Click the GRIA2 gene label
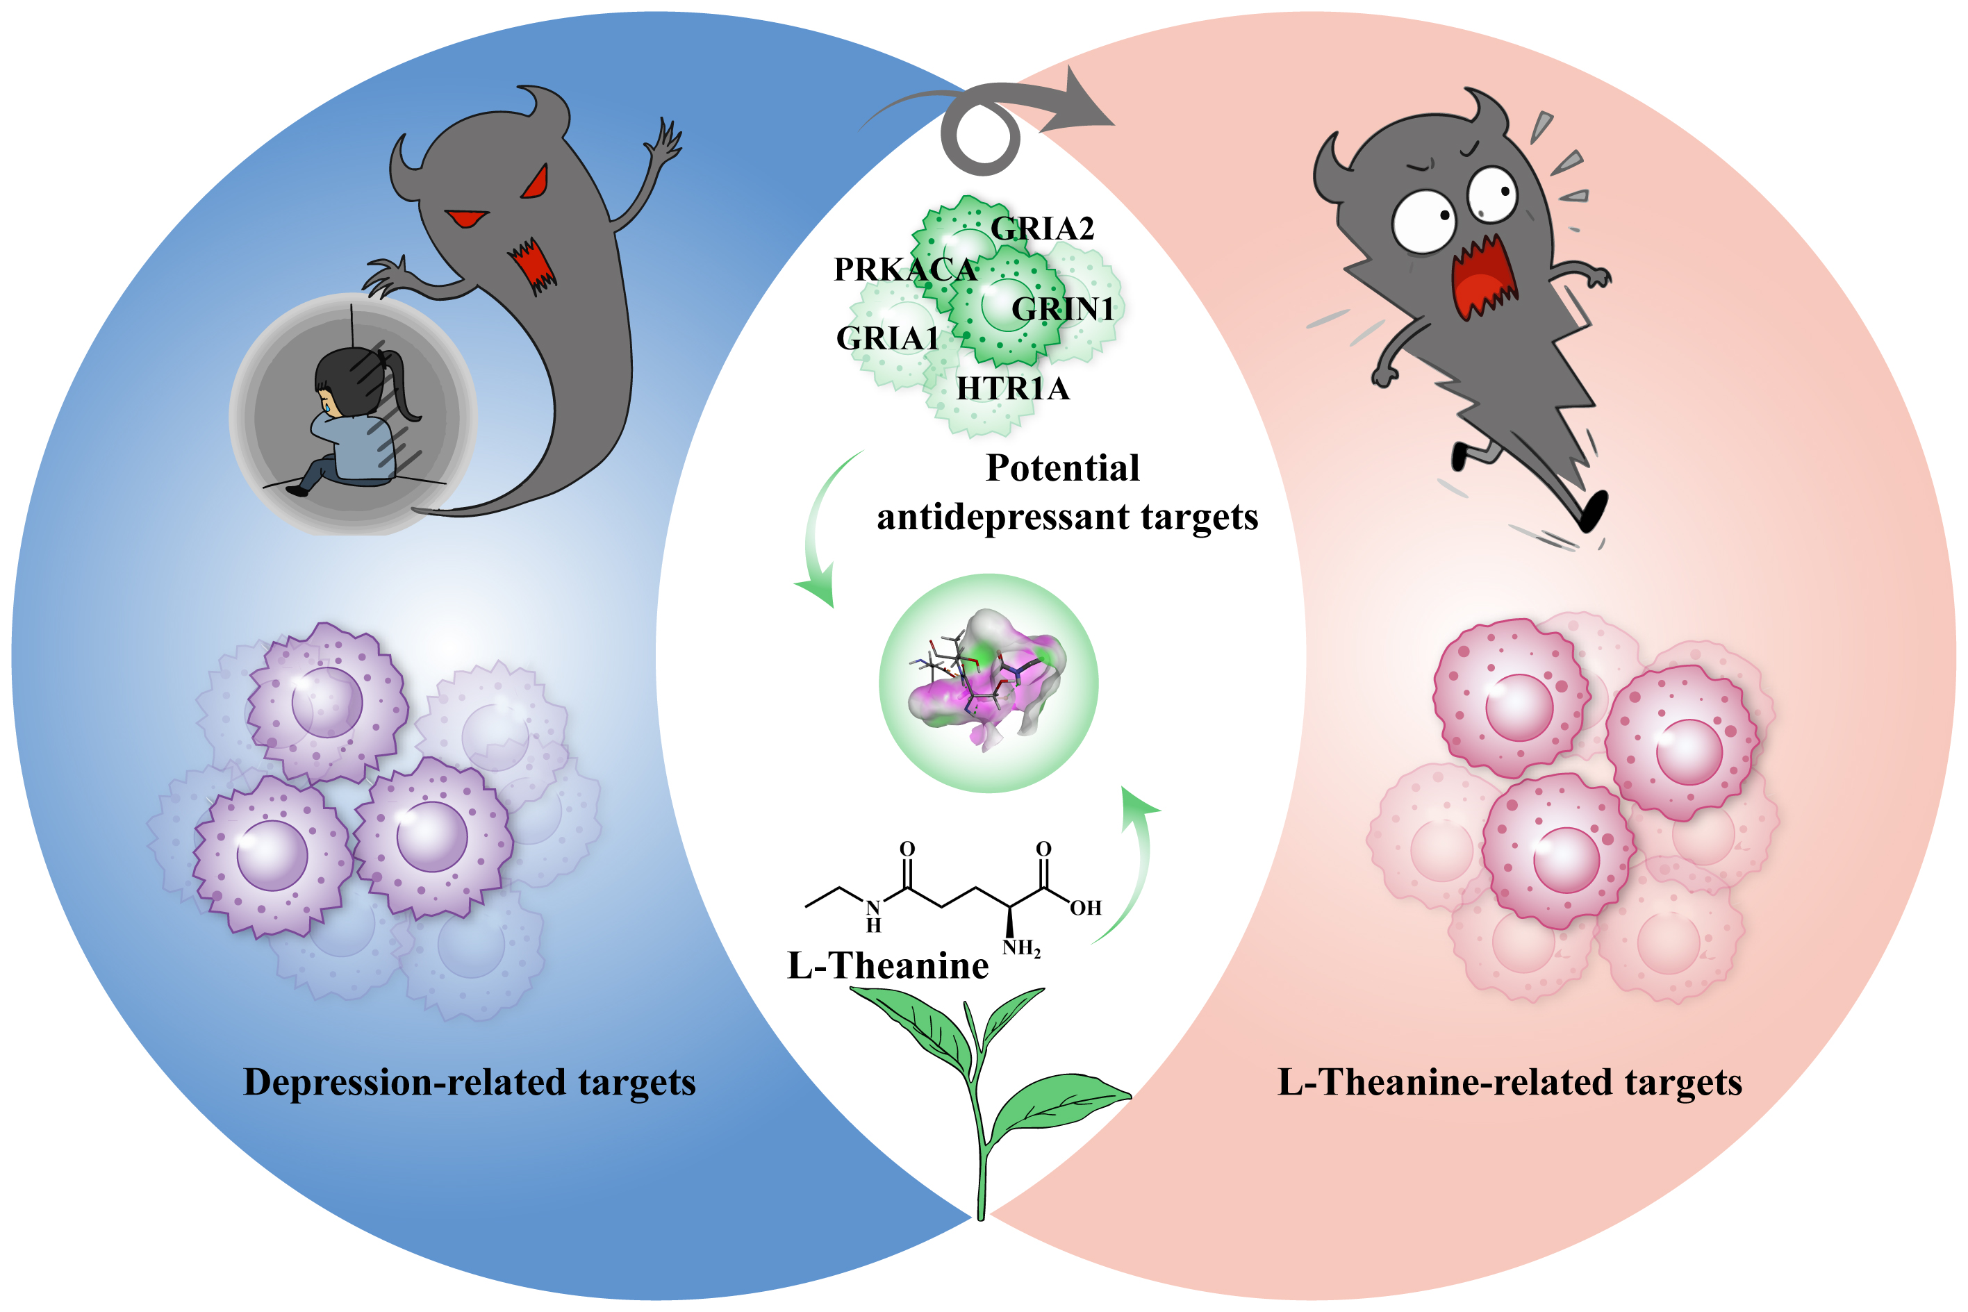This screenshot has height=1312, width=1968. point(1042,228)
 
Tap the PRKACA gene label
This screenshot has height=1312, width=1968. point(905,269)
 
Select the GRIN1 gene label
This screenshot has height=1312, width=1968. point(1063,309)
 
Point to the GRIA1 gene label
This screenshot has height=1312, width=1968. point(887,338)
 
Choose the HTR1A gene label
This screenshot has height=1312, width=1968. point(1012,388)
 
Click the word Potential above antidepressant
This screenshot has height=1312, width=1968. point(1063,467)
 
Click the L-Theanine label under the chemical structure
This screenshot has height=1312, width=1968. point(888,965)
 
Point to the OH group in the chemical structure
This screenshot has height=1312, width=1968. point(1085,908)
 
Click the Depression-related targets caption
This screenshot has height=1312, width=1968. point(470,1082)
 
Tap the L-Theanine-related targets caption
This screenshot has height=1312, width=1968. point(1510,1082)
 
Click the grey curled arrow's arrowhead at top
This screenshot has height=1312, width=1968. point(1084,105)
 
